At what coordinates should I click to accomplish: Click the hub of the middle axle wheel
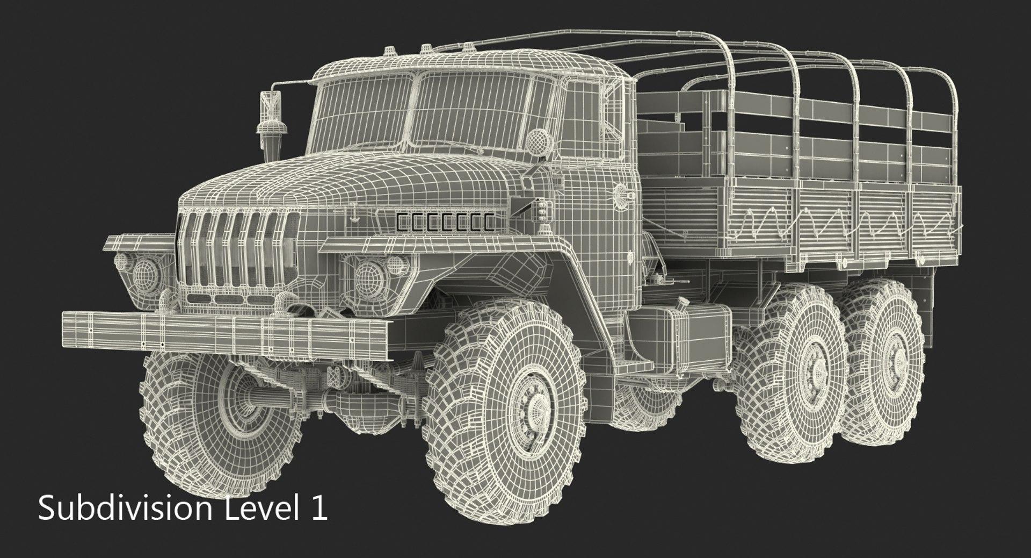click(x=815, y=371)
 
